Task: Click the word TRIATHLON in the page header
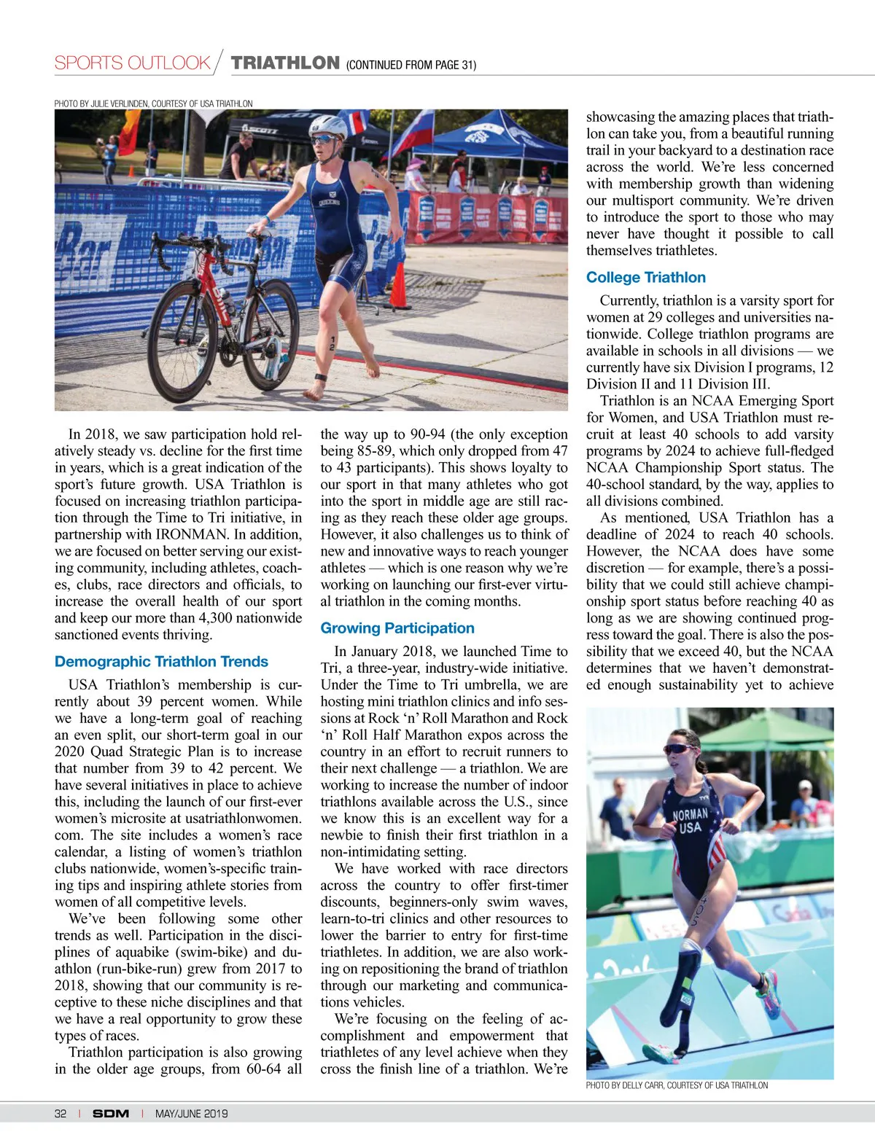(285, 63)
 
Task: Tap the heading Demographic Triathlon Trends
(161, 662)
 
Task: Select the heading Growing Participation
(397, 628)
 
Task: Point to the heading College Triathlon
(646, 278)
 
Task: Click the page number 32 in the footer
(61, 1114)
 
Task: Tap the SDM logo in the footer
(111, 1114)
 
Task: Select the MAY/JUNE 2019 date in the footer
(191, 1114)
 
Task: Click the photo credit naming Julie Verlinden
(153, 104)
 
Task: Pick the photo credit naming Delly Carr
(677, 1085)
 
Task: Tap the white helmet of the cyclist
(328, 126)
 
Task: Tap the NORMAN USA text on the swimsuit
(690, 821)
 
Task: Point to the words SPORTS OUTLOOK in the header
(132, 63)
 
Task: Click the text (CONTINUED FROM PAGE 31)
(411, 65)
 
